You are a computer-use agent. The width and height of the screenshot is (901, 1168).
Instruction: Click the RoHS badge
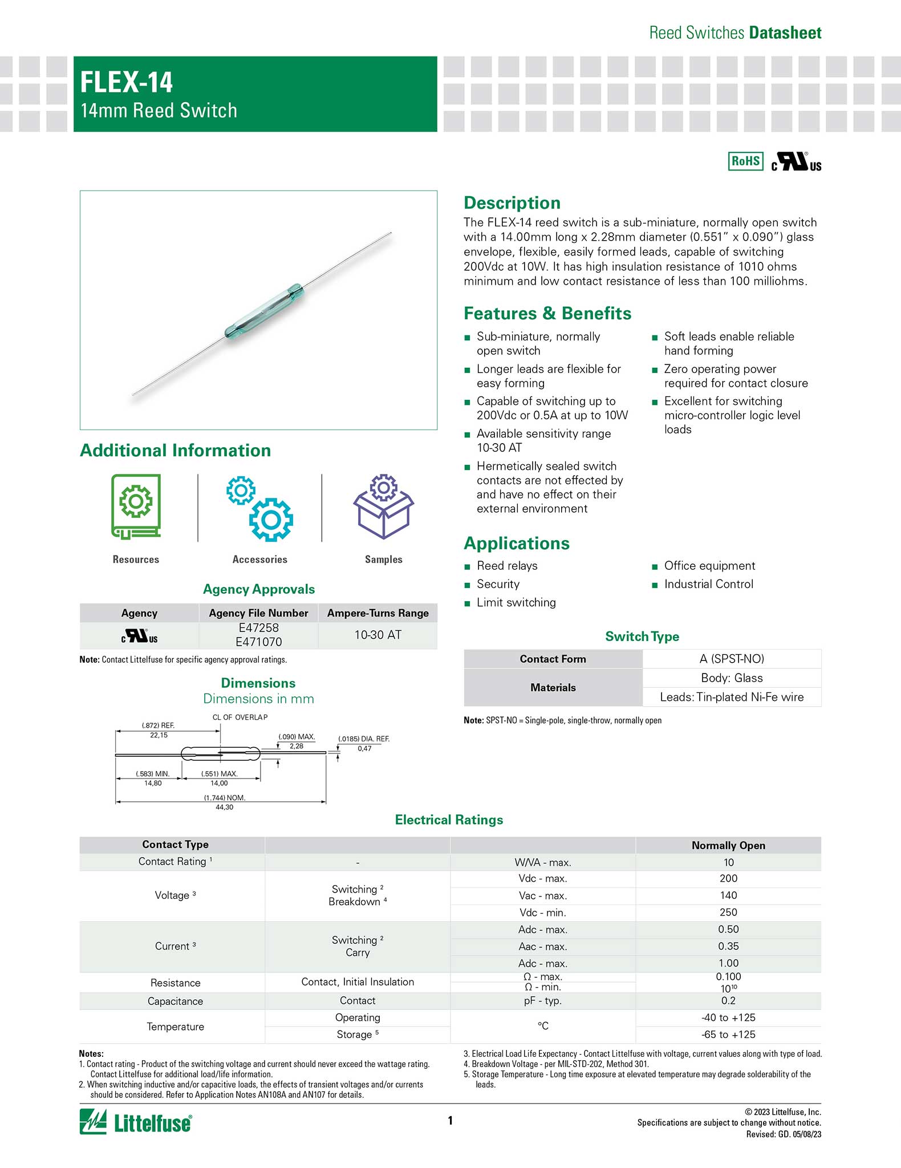(745, 161)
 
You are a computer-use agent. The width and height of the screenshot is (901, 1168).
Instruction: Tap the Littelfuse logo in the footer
(136, 1122)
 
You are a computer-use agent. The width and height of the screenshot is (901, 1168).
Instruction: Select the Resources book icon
(136, 506)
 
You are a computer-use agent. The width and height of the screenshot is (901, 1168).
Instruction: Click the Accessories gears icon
(259, 508)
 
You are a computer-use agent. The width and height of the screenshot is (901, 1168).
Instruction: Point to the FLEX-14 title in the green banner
(127, 82)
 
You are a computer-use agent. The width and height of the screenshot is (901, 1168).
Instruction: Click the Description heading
(512, 203)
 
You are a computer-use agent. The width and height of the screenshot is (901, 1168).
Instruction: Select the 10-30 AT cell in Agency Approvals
(378, 635)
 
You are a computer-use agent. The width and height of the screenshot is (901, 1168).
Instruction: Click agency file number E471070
(258, 642)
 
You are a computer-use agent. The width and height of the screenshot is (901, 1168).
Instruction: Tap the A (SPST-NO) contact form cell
(732, 659)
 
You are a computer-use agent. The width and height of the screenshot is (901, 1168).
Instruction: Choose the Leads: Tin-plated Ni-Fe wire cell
(732, 697)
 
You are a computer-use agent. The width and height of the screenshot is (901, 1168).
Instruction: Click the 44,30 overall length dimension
(224, 807)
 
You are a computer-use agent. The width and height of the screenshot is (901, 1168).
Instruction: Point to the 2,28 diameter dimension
(297, 746)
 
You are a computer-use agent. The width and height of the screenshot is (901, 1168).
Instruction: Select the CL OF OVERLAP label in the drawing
(240, 717)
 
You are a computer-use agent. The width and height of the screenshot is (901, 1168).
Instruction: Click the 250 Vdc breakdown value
(728, 912)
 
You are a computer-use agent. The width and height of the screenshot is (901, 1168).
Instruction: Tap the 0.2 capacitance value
(728, 1001)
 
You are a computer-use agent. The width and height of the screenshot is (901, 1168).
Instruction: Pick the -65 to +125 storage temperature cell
(728, 1035)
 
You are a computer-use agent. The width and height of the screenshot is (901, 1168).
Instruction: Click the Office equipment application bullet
(709, 566)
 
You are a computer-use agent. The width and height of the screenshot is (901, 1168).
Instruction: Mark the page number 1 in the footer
(450, 1121)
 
